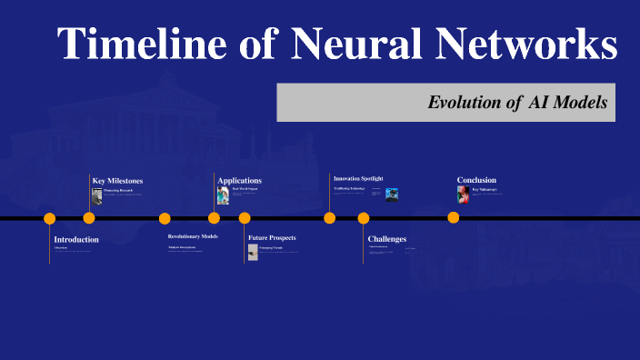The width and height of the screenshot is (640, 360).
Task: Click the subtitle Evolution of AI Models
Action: tap(517, 103)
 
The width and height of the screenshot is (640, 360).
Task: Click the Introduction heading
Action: tap(76, 239)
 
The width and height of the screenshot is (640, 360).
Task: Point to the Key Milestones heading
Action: tap(117, 180)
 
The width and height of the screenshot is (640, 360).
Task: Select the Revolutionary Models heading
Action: tap(193, 236)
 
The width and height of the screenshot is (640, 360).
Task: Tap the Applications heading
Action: tap(239, 180)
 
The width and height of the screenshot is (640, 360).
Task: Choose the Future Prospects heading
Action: tap(272, 237)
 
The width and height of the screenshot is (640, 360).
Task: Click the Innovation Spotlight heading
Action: tap(358, 178)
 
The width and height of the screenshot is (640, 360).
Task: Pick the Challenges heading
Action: tap(387, 239)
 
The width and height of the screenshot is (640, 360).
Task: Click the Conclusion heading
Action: tap(477, 179)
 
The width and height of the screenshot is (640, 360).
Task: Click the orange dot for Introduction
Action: tap(50, 218)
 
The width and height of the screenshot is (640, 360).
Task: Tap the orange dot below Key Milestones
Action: tap(89, 218)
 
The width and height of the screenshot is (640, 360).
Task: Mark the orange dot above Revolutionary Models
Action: tap(165, 218)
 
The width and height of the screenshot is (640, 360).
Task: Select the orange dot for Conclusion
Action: tap(453, 218)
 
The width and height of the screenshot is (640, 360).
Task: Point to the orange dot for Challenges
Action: tap(364, 218)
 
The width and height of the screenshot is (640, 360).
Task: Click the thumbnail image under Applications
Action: tap(223, 195)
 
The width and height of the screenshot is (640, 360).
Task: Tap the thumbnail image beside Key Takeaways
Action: tap(464, 195)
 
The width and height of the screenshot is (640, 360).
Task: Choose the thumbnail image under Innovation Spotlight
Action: tap(392, 194)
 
